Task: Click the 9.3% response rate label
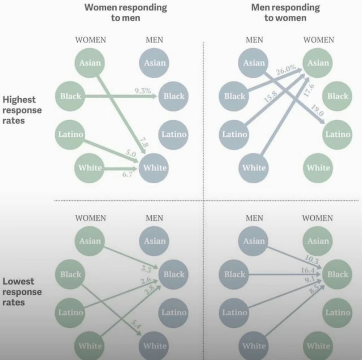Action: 143,91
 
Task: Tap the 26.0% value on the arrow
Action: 286,70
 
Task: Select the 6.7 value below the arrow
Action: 127,174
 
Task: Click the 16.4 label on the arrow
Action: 308,270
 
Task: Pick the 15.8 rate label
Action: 271,97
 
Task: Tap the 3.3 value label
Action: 146,269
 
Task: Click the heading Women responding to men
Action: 126,13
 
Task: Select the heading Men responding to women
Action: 285,13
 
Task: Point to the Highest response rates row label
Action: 22,110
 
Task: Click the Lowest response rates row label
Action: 22,292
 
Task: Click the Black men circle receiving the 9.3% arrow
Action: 174,96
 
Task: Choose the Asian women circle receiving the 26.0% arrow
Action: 318,63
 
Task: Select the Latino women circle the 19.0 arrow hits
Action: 338,135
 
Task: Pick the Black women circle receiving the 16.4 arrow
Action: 338,274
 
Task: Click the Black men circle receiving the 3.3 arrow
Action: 174,274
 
